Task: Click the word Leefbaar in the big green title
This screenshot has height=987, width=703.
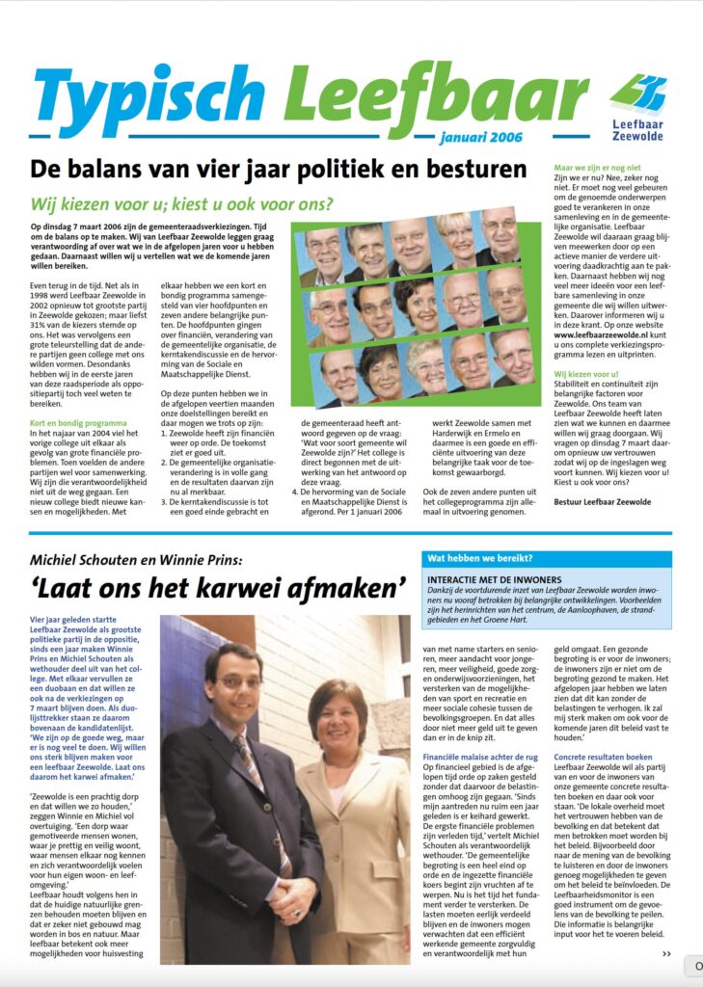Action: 434,96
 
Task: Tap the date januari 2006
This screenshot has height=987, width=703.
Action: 480,137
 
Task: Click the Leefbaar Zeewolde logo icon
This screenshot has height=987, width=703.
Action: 637,93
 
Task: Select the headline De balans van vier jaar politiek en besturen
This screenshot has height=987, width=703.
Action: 278,170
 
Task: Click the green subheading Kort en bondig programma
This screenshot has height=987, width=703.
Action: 77,397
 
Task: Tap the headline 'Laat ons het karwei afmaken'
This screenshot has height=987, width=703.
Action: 218,587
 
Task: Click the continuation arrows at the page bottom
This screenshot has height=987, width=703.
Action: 666,953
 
